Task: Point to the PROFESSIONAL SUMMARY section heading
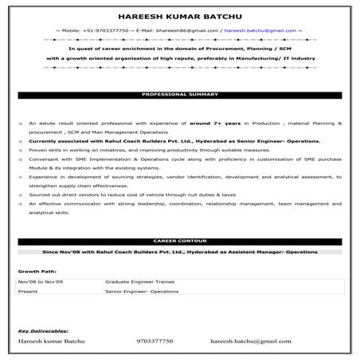tap(180, 94)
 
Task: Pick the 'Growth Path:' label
tap(33, 271)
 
